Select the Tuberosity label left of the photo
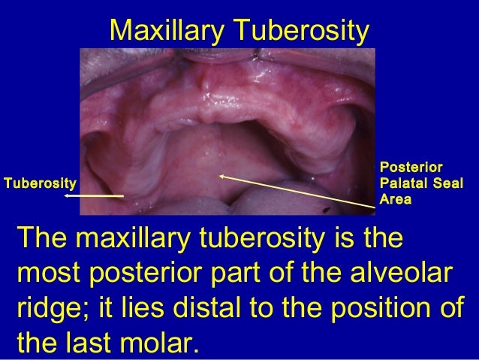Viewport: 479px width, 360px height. (x=41, y=183)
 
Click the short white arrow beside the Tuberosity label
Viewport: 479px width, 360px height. (x=93, y=195)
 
